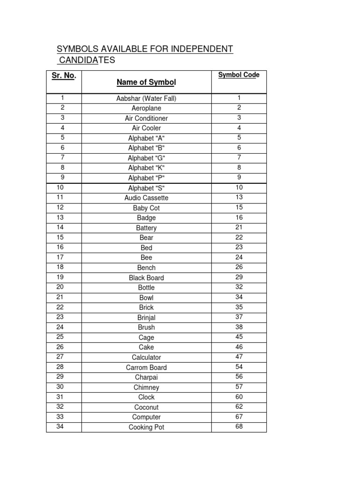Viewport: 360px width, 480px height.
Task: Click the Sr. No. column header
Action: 64,76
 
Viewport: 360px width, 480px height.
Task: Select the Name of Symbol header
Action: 146,82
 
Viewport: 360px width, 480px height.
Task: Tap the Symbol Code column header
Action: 239,75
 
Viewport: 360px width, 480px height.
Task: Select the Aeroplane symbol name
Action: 146,108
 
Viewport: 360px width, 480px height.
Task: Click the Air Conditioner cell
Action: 146,118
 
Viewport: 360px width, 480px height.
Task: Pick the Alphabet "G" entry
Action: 146,158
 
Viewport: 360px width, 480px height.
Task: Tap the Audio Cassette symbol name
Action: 146,198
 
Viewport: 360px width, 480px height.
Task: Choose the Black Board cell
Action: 146,277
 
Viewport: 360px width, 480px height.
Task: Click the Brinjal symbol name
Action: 146,317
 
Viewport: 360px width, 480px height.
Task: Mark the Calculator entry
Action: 146,357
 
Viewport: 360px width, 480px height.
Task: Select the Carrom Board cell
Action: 146,367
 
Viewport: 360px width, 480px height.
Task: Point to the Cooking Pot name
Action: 146,427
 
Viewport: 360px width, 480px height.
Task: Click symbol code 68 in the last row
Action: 239,427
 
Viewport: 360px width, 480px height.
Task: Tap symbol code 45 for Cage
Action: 239,337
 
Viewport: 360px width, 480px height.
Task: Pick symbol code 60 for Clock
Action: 239,397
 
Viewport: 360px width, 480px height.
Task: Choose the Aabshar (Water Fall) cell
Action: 146,98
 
